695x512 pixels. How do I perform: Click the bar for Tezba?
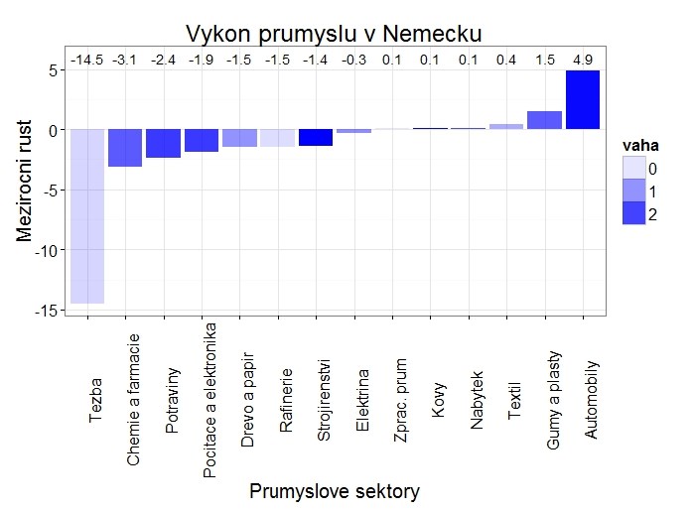(x=87, y=216)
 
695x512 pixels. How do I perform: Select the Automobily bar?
(x=583, y=99)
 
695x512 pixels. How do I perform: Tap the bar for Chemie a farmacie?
(x=125, y=148)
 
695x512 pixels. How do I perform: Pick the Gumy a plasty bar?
(x=544, y=120)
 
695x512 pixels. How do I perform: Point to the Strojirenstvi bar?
(x=316, y=138)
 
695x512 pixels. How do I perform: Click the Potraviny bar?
(x=163, y=144)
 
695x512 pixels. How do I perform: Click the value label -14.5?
(x=87, y=61)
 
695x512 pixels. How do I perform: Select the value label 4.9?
(x=583, y=61)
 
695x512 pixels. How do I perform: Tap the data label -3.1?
(x=125, y=61)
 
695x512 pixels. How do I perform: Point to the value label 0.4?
(x=506, y=61)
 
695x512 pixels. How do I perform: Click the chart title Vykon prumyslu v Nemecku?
(x=334, y=33)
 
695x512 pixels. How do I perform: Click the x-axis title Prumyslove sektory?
(x=335, y=491)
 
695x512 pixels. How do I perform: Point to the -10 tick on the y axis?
(x=44, y=250)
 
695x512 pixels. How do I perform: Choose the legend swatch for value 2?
(x=633, y=213)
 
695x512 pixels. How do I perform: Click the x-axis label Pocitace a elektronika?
(x=209, y=399)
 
